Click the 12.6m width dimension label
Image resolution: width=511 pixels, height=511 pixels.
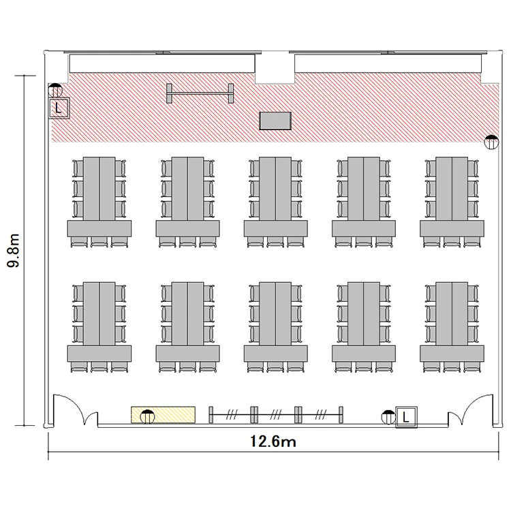point(273,442)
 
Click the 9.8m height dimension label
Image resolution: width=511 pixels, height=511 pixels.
point(14,250)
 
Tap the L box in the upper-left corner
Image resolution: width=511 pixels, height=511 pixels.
point(59,108)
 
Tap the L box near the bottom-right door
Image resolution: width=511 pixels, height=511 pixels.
point(406,417)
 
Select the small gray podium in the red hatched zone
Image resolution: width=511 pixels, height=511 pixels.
point(275,121)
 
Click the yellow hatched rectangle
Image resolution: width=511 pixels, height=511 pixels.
point(163,415)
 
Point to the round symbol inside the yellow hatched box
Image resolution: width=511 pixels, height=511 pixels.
point(147,416)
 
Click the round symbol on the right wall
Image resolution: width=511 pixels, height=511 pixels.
point(491,142)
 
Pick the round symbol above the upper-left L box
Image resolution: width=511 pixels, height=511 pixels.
point(55,90)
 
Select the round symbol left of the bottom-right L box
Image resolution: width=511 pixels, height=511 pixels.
point(388,417)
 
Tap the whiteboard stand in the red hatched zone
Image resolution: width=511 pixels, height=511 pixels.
point(200,93)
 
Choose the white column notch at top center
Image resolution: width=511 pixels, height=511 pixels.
point(275,67)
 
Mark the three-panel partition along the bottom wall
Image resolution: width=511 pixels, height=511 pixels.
point(276,415)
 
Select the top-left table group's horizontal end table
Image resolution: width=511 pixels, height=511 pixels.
point(99,228)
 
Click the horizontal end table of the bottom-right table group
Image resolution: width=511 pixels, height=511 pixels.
point(452,354)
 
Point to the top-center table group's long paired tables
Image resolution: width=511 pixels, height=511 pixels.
point(275,189)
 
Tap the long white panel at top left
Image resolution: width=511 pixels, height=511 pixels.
point(162,63)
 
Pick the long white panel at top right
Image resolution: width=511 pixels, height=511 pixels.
point(388,63)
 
